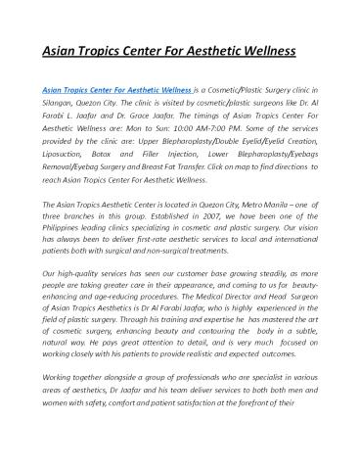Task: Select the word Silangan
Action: click(61, 102)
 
